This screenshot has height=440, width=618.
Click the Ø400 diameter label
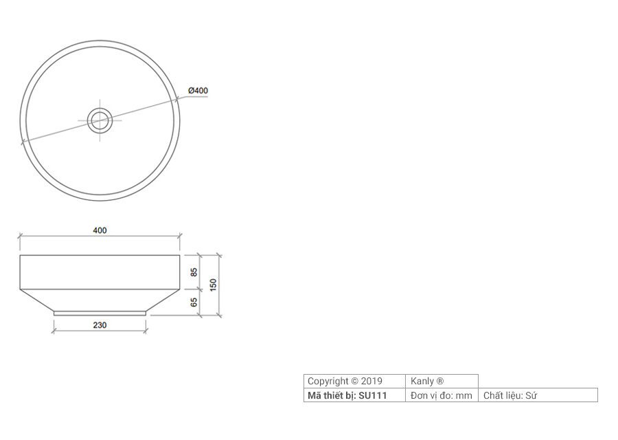point(198,90)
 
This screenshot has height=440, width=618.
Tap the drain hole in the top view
point(100,120)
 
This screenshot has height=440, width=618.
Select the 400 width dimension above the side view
point(100,230)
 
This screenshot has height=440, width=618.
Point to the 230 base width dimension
point(100,325)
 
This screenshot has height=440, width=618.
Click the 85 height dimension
point(194,272)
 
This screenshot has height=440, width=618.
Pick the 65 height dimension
point(194,302)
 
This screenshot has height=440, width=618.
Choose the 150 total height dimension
point(214,285)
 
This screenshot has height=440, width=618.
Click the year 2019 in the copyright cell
point(371,381)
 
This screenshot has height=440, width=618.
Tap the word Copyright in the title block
point(328,381)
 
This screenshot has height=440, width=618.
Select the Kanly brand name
point(422,381)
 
